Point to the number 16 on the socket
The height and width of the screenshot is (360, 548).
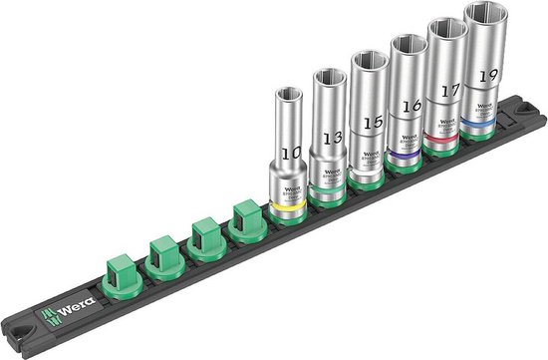pos(409,106)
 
